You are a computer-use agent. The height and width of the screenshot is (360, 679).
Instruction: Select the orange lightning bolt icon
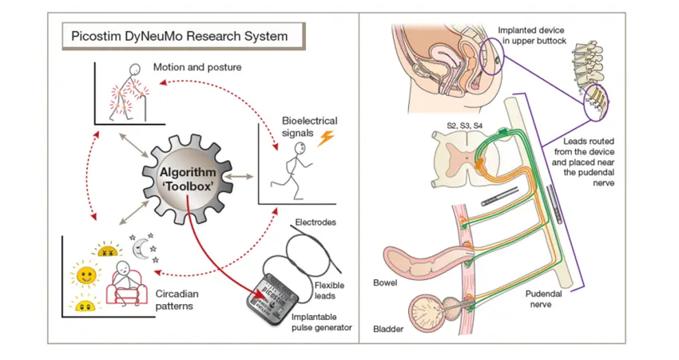click(x=326, y=138)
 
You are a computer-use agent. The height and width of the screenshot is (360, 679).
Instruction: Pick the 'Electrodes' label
click(x=316, y=222)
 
